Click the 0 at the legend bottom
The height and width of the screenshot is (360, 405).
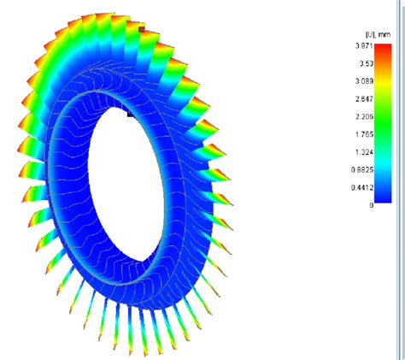point(371,205)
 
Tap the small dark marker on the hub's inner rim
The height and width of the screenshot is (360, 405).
point(130,112)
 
